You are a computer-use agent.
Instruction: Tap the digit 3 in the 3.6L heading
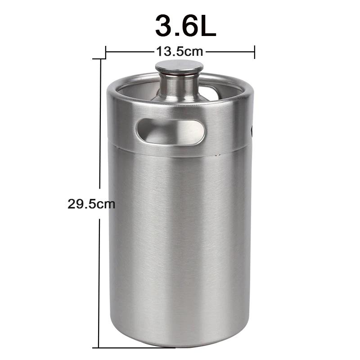pyautogui.click(x=165, y=26)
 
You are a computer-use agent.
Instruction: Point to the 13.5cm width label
pyautogui.click(x=180, y=51)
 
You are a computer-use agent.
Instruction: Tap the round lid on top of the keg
pyautogui.click(x=179, y=67)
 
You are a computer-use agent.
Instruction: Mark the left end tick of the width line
pyautogui.click(x=106, y=51)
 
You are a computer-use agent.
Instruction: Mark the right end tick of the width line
pyautogui.click(x=255, y=51)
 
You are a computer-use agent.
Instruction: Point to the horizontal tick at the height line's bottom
pyautogui.click(x=135, y=347)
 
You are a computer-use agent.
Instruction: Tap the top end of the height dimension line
pyautogui.click(x=99, y=59)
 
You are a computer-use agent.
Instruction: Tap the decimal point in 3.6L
pyautogui.click(x=177, y=34)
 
